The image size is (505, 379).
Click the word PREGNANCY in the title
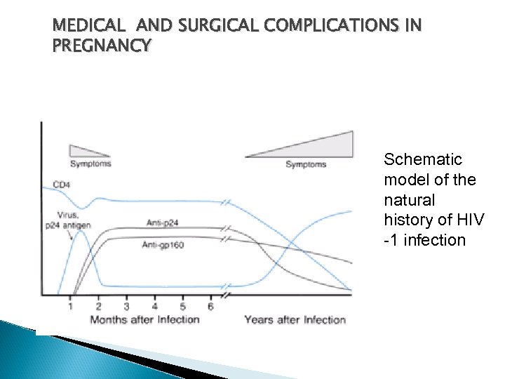101,46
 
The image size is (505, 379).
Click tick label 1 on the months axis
70,306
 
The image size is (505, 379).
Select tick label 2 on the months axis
98,306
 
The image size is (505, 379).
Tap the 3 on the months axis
126,306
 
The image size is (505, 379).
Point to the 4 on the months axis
154,306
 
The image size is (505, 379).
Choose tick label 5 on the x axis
182,306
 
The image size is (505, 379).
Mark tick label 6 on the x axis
210,306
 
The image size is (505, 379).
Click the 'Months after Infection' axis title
144,320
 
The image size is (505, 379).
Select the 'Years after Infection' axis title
295,320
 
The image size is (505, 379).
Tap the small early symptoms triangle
86,149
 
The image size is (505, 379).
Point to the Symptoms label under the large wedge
306,164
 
